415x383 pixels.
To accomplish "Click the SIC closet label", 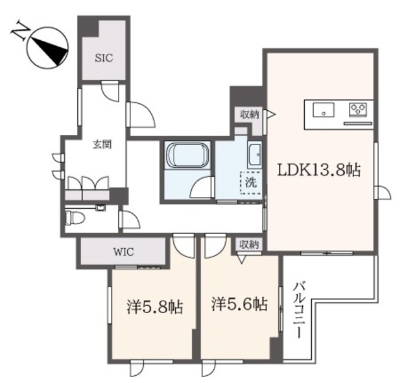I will click(104, 58).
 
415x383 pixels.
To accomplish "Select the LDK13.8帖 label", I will click(319, 170).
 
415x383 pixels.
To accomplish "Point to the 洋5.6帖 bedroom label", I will click(239, 303).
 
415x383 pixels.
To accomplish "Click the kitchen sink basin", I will click(322, 110).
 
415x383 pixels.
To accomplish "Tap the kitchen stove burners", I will click(358, 108).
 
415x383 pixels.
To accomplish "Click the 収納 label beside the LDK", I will click(250, 115).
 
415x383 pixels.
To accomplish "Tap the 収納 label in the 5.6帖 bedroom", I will click(249, 245).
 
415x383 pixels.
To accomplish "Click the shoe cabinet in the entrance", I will click(88, 189).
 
